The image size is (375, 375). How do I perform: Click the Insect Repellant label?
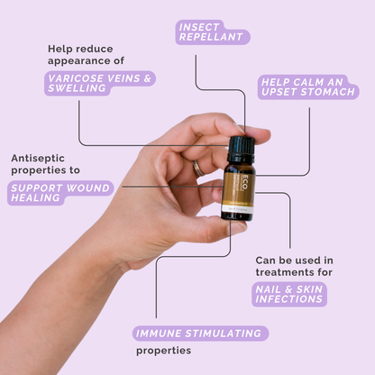(212, 32)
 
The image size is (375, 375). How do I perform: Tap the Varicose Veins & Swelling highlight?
(100, 84)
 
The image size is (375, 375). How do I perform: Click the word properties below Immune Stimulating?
(164, 351)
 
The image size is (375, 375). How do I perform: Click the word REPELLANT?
(212, 39)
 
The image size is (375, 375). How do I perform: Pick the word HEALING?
(35, 198)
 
